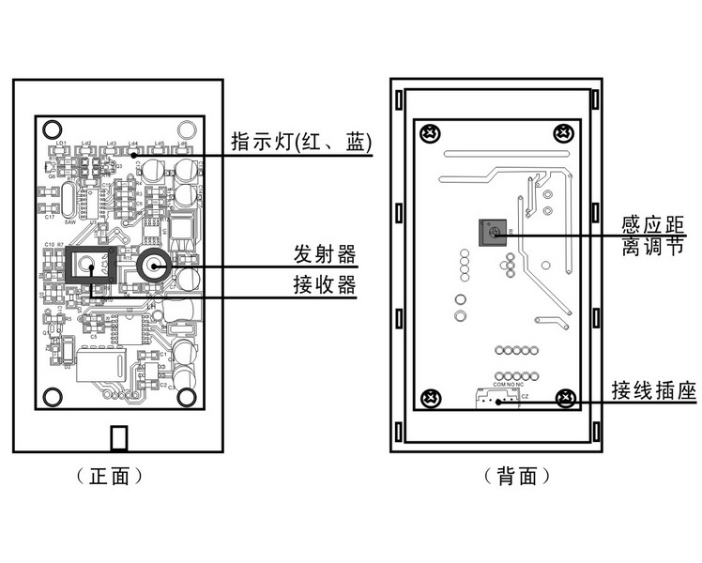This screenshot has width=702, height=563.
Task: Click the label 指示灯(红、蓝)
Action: tap(303, 143)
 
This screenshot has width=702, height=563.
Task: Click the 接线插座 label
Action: tap(653, 390)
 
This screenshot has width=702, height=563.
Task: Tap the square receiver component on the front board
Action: tap(90, 266)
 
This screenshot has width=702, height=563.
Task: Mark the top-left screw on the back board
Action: tap(432, 131)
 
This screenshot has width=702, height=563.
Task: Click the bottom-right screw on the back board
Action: tap(565, 398)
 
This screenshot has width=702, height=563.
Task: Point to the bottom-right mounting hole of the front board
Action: tap(187, 397)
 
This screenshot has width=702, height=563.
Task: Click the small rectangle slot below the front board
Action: tap(119, 438)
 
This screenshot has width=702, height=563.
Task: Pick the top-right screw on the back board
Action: tap(564, 131)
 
